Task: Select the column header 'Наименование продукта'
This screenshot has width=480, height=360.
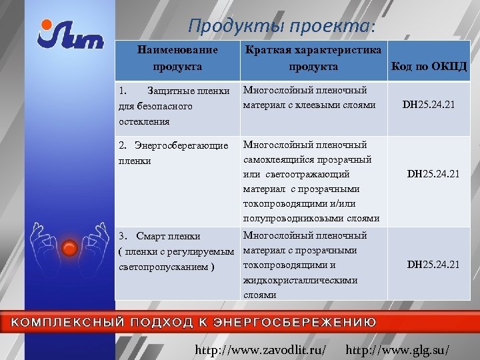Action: point(177,59)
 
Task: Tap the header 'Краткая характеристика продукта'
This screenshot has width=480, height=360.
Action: point(313,59)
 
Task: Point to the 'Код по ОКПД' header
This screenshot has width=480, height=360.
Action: point(429,67)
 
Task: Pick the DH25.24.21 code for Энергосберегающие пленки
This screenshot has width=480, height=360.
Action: point(433,174)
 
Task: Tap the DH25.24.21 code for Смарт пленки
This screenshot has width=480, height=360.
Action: point(433,265)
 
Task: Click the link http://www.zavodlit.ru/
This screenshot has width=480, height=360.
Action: point(260,349)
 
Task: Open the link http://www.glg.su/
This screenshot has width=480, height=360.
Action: point(398,349)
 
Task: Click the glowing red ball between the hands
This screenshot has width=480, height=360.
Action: point(69,249)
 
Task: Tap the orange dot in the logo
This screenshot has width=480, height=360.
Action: point(45,25)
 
